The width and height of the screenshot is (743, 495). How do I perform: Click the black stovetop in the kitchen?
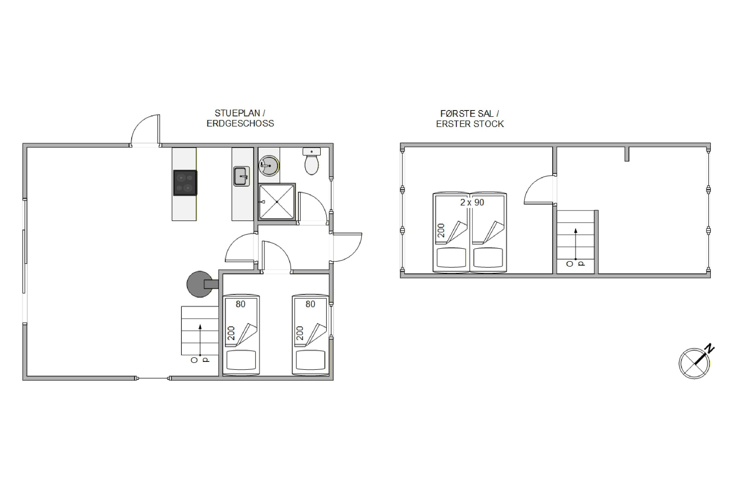click(x=185, y=183)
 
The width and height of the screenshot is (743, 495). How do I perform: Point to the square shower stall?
click(x=277, y=202)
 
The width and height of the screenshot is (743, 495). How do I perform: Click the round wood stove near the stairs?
click(x=200, y=284)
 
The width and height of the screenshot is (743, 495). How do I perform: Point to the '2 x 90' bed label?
click(x=472, y=202)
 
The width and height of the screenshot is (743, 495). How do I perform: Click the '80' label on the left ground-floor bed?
click(x=240, y=304)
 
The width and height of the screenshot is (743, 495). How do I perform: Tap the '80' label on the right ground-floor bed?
click(x=310, y=304)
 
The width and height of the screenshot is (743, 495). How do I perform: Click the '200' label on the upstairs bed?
click(x=441, y=230)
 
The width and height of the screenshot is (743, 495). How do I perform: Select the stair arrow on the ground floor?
click(x=200, y=340)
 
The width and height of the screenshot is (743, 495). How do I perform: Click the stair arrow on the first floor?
click(x=576, y=244)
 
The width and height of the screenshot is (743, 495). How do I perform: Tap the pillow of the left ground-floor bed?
click(x=241, y=360)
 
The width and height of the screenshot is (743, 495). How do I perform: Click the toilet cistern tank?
click(x=312, y=151)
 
